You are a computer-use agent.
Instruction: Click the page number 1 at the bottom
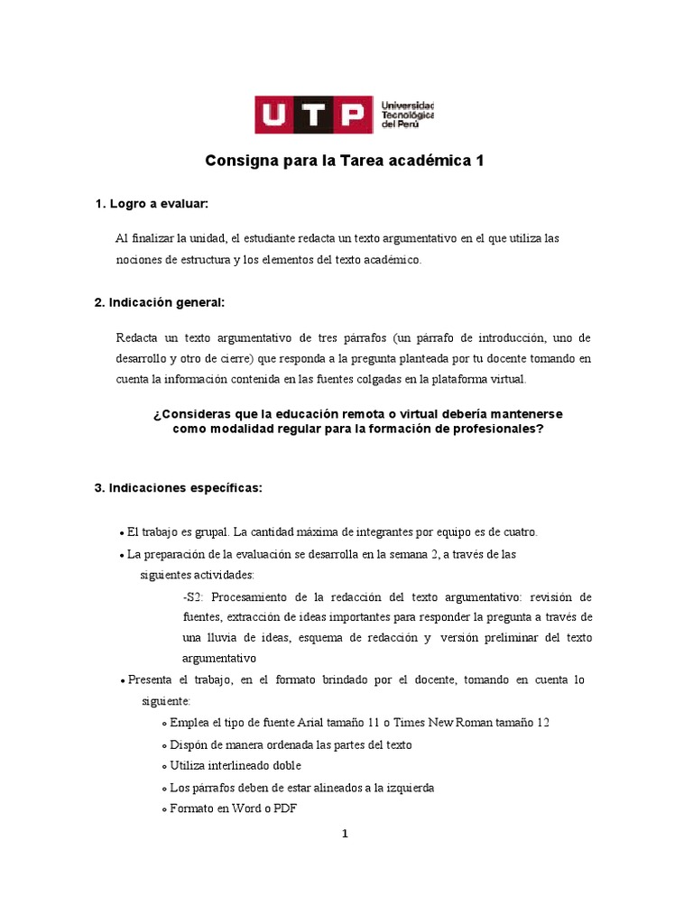tap(345, 834)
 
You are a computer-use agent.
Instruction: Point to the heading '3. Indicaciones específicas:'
tap(179, 488)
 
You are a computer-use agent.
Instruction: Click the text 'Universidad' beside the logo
tap(409, 105)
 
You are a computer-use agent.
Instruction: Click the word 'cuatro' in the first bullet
tap(518, 531)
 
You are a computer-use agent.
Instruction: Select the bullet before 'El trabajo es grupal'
tap(122, 532)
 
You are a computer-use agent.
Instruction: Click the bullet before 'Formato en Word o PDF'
tap(165, 810)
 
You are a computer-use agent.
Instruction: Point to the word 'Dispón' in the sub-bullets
tap(190, 745)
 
